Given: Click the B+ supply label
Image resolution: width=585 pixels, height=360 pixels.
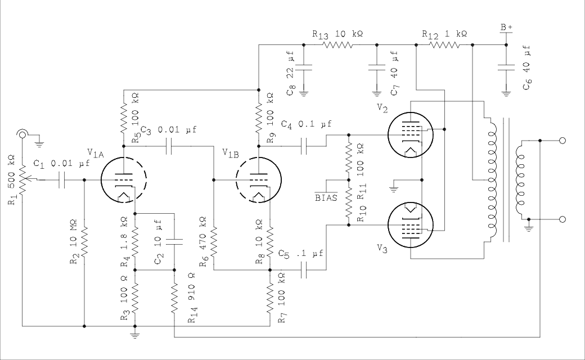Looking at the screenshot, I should [x=506, y=26].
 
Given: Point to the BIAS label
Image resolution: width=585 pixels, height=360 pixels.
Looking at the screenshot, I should [x=326, y=197].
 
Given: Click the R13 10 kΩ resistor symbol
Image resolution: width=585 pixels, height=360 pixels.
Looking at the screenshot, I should [x=340, y=45].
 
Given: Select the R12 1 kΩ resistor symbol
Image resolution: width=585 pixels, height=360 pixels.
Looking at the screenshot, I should [x=444, y=45].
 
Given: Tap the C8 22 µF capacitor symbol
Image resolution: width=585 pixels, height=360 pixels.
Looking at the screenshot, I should [x=304, y=67].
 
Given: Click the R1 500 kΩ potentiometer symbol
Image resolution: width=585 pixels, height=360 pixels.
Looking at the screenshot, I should [x=22, y=180].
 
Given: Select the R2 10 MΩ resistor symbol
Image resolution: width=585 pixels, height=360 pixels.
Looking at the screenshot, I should [x=84, y=242].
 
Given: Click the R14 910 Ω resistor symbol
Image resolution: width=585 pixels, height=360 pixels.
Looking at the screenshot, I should [x=174, y=295].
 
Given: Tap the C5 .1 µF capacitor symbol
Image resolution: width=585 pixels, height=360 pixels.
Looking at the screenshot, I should [x=304, y=270].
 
